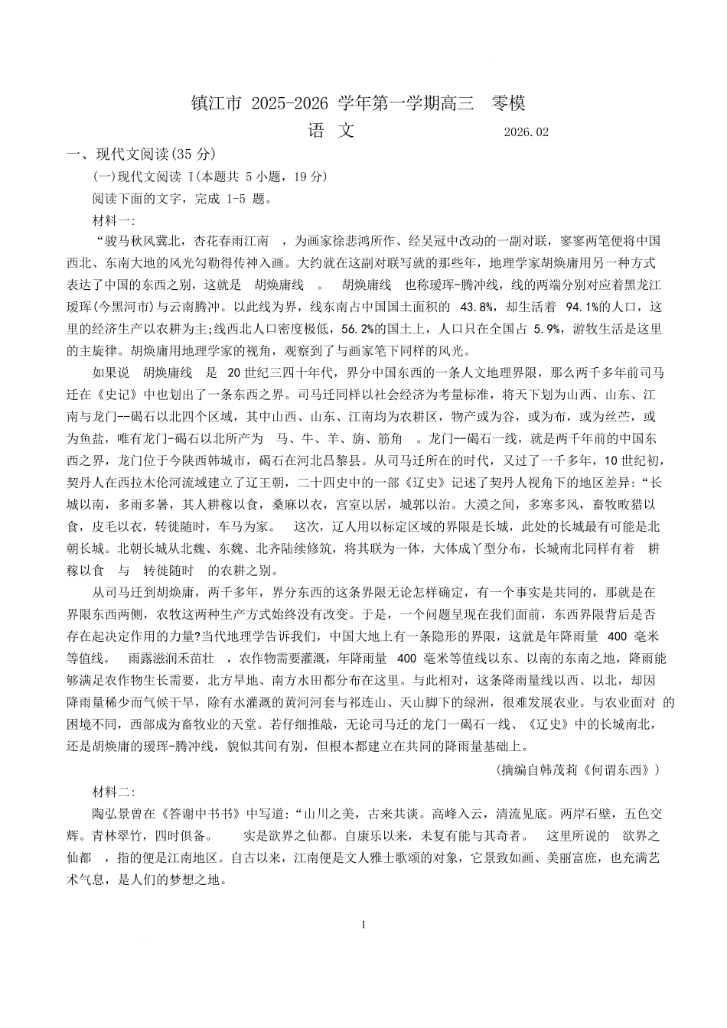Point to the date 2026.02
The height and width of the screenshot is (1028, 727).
527,132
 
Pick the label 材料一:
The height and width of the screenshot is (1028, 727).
112,220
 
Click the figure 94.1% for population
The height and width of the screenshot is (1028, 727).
583,307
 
